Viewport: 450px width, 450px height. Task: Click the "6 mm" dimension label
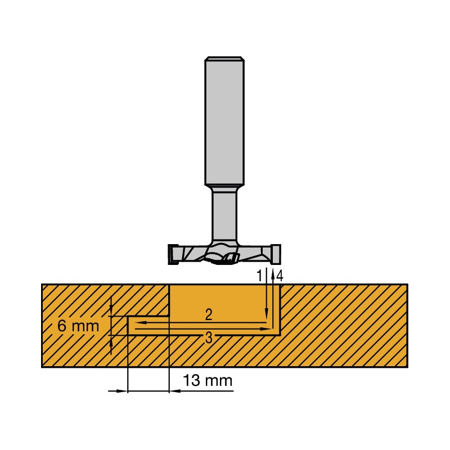78,326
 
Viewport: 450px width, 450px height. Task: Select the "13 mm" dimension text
208,381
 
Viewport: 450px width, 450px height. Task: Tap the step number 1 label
259,276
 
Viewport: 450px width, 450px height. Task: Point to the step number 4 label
280,276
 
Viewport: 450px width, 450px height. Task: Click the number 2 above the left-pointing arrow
209,315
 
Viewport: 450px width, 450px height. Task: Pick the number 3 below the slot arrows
209,338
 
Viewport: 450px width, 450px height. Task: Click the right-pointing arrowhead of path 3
263,329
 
